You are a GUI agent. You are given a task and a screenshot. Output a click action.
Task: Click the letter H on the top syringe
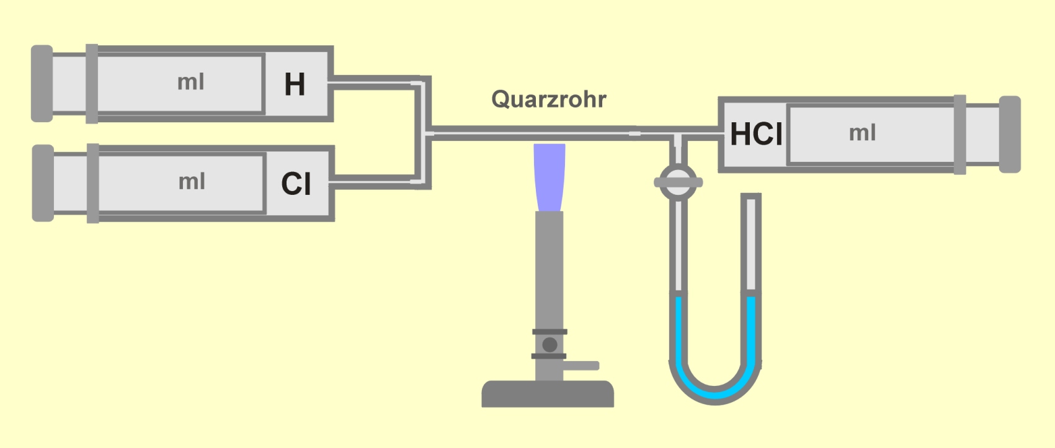click(295, 85)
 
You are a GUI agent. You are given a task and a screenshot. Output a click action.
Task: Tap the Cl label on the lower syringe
click(296, 183)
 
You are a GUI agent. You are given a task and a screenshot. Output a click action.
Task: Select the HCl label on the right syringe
click(757, 134)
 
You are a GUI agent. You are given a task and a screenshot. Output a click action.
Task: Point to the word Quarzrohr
click(549, 99)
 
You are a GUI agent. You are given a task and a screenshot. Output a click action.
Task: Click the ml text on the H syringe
click(191, 83)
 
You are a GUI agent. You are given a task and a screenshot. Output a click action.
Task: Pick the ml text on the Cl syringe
click(192, 182)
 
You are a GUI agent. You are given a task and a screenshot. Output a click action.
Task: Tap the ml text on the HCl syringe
click(862, 133)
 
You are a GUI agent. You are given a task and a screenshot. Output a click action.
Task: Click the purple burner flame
click(549, 177)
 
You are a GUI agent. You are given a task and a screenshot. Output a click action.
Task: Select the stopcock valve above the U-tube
click(679, 182)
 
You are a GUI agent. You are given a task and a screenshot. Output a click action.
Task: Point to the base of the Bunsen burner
click(548, 394)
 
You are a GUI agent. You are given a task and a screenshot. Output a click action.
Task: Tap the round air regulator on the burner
click(550, 345)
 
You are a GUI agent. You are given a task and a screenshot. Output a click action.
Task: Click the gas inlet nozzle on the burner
click(581, 365)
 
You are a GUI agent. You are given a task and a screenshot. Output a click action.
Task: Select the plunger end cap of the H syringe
click(42, 84)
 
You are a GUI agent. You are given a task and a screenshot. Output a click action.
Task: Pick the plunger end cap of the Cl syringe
click(43, 183)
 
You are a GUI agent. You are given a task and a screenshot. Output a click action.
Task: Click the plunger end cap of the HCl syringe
click(1010, 135)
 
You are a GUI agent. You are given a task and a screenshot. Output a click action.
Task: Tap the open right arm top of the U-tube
click(750, 196)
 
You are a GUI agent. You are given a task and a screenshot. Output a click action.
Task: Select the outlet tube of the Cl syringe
click(377, 182)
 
